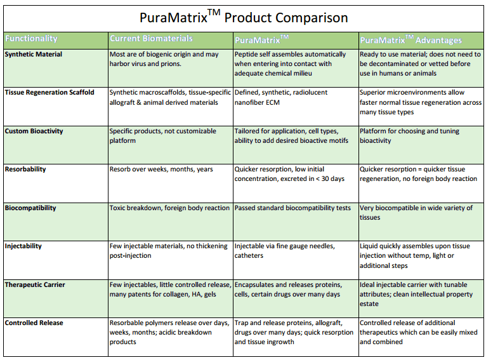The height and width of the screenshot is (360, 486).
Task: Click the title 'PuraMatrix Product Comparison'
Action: (243, 17)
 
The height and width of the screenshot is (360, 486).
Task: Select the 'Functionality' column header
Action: (31, 39)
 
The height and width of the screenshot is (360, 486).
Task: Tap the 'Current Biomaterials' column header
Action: (151, 39)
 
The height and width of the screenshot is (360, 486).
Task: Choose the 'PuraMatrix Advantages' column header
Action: (411, 40)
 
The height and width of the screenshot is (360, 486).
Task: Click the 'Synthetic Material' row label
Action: (34, 55)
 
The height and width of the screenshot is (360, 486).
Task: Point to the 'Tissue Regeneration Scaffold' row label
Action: (49, 93)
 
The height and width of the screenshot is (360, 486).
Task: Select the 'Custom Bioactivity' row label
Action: (34, 131)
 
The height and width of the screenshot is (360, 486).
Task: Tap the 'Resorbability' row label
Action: (25, 170)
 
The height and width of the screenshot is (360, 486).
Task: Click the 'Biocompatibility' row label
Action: (30, 208)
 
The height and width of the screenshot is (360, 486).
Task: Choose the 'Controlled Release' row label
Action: (34, 323)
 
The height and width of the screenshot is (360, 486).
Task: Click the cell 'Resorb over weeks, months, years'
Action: (161, 170)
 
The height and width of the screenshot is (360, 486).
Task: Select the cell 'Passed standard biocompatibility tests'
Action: (292, 208)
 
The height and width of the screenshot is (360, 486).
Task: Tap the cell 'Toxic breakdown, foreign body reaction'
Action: (169, 208)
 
